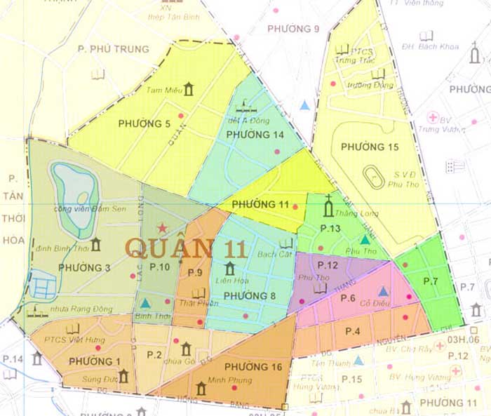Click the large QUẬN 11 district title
pyautogui.click(x=186, y=248)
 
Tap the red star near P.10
pyautogui.click(x=163, y=228)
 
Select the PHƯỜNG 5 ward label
pyautogui.click(x=144, y=124)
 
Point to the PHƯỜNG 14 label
pyautogui.click(x=255, y=134)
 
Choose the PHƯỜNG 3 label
pyautogui.click(x=84, y=267)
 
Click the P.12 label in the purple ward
pyautogui.click(x=328, y=265)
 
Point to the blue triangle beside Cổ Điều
pyautogui.click(x=383, y=291)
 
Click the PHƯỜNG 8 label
pyautogui.click(x=250, y=295)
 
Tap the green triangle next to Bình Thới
pyautogui.click(x=145, y=303)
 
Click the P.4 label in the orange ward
pyautogui.click(x=353, y=331)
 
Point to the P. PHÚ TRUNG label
pyautogui.click(x=114, y=49)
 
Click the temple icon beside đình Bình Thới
pyautogui.click(x=95, y=244)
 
